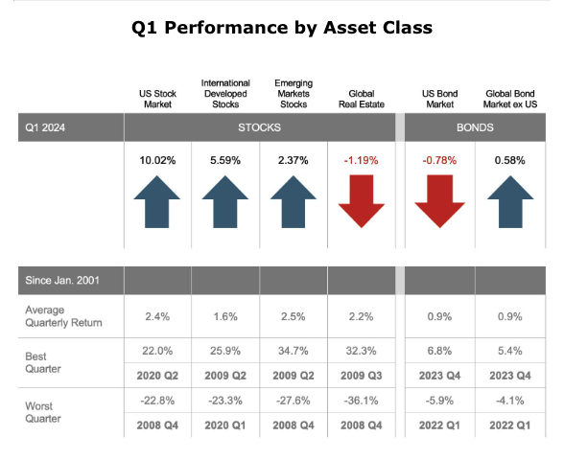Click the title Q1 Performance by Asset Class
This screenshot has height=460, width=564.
[282, 28]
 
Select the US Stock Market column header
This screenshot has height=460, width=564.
[157, 99]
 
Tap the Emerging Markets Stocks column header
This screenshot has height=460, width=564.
[294, 94]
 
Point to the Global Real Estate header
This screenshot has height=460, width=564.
[362, 99]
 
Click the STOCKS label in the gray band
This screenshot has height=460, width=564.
[259, 127]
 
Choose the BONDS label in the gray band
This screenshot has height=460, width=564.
[475, 127]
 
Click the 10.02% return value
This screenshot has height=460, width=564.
[157, 160]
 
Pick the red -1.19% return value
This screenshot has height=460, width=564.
[361, 160]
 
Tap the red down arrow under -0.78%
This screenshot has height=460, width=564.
[439, 201]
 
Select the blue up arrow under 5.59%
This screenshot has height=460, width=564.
[225, 201]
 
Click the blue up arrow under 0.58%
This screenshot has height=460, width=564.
[510, 201]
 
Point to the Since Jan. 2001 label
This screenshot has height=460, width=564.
[62, 280]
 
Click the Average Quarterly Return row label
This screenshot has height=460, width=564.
[63, 316]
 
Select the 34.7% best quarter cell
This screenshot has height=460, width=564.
[294, 351]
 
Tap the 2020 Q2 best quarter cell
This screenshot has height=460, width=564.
[157, 376]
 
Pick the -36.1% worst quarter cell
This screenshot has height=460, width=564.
[361, 401]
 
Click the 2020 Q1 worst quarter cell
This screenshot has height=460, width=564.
[225, 425]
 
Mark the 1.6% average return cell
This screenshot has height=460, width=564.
[225, 316]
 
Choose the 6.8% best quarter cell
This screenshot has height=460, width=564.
[439, 351]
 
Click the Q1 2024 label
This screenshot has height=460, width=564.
[45, 127]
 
